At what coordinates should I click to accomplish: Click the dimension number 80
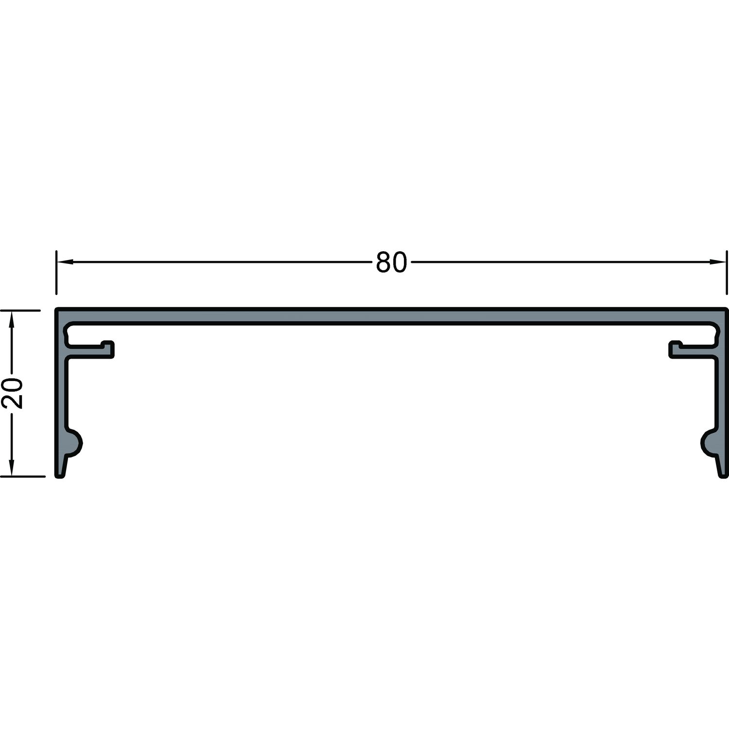click(391, 262)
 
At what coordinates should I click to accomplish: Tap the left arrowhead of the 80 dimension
click(65, 262)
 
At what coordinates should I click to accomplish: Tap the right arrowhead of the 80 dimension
click(719, 262)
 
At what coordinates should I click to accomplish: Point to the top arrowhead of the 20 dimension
click(13, 319)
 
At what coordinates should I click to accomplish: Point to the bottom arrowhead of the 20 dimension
click(13, 468)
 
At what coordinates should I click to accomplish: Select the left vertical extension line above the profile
click(57, 273)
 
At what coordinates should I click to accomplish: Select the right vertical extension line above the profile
click(727, 273)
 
